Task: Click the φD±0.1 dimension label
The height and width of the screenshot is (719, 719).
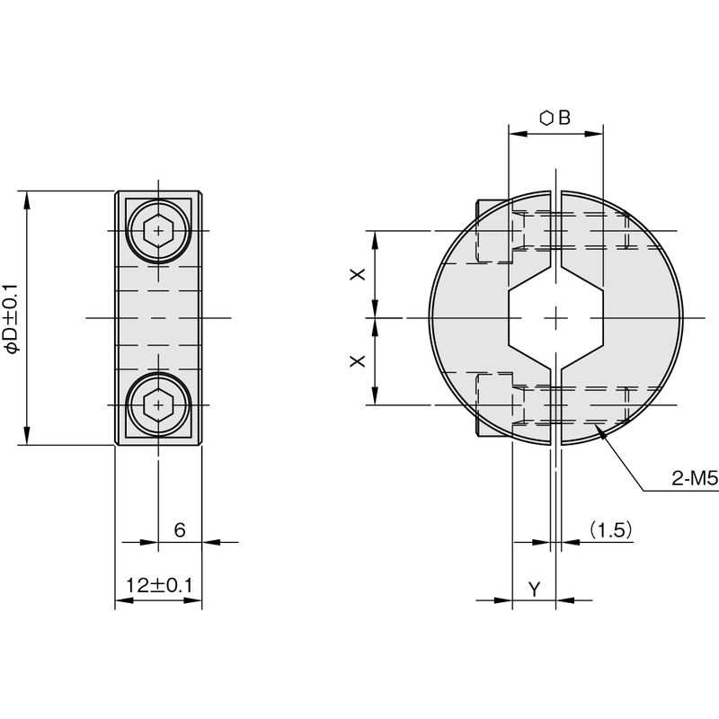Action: (12, 319)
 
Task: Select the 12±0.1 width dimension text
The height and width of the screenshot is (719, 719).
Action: (159, 586)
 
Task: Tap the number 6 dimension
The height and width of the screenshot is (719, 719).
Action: (180, 530)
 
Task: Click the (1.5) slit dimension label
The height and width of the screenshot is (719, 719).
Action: (611, 530)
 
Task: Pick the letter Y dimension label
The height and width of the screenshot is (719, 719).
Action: (534, 590)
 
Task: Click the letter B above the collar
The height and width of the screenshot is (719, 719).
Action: (564, 118)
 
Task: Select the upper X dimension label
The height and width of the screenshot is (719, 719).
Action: (358, 274)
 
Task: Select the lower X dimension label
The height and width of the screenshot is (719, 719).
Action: (358, 361)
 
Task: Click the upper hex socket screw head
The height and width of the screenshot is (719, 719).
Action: (158, 230)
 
